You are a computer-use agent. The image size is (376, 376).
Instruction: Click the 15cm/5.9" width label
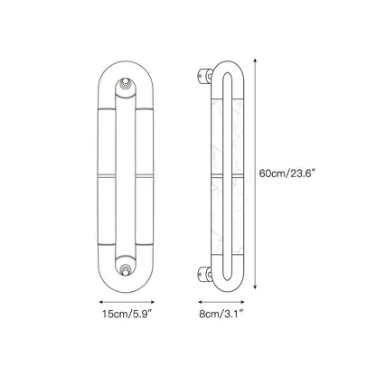126,314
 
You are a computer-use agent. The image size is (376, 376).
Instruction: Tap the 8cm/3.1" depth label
221,314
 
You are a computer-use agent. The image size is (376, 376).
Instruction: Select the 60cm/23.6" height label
287,174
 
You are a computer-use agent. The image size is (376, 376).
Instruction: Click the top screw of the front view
126,83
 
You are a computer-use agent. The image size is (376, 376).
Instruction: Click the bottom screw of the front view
126,269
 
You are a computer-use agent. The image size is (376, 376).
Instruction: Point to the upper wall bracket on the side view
205,75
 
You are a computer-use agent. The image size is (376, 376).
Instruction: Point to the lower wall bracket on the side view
205,274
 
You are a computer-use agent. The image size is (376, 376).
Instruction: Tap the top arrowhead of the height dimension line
255,61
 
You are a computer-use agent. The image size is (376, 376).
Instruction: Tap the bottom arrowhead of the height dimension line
255,287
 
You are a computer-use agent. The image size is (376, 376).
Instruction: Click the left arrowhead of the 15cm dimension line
101,302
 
